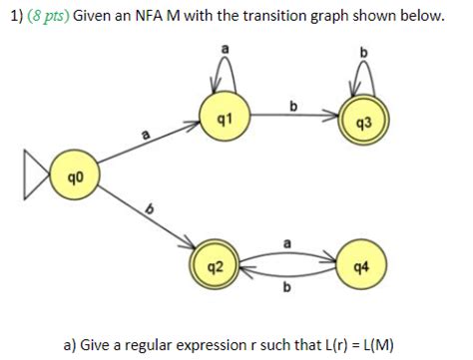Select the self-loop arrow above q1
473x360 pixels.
(x=225, y=72)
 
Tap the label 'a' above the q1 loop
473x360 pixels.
(x=225, y=46)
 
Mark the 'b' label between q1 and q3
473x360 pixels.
(x=292, y=104)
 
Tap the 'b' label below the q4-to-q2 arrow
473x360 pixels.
(x=289, y=289)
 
